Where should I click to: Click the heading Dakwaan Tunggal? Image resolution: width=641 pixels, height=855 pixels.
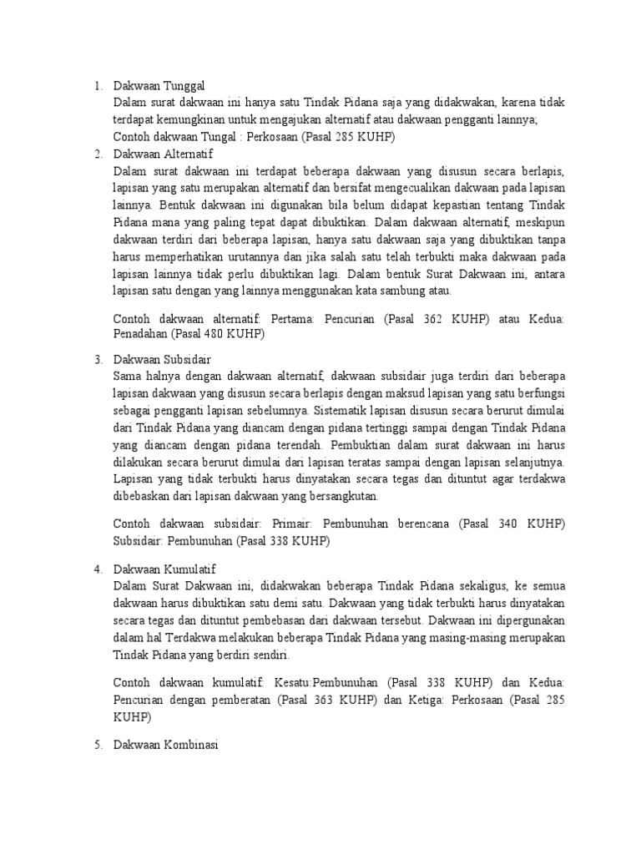tap(159, 86)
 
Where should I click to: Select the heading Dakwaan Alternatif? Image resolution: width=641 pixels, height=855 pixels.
tap(163, 154)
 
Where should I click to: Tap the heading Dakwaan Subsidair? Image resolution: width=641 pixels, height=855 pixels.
tap(163, 358)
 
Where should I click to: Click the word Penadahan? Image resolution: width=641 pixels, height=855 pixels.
tap(140, 335)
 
